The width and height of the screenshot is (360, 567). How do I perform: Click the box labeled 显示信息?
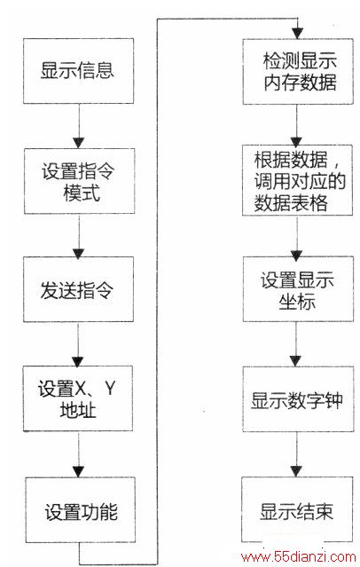coord(78,71)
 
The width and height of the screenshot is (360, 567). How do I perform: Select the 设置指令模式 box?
coord(79,181)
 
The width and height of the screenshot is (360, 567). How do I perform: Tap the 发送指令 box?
coord(78,289)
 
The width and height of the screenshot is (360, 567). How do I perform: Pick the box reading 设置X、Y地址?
coord(78,398)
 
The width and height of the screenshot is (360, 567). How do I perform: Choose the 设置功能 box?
coord(80,509)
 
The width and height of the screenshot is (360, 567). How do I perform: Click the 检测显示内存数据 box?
coord(298,72)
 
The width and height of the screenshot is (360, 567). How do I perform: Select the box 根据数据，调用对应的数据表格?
coord(297,180)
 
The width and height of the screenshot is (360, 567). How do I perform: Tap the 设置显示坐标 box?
coord(298,289)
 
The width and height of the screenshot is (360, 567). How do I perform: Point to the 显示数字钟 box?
coord(298,399)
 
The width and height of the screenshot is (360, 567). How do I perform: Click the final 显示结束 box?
coord(297,509)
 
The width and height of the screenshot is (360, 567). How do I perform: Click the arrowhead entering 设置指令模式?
coord(79,143)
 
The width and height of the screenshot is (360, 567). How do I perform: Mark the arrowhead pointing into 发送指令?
coord(78,253)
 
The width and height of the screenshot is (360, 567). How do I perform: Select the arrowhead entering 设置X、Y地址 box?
coord(78,362)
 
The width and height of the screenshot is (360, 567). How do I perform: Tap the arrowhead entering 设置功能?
coord(79,472)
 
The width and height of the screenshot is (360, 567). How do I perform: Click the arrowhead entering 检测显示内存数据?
coord(297,33)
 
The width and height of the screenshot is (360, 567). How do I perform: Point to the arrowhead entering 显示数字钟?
coord(295,361)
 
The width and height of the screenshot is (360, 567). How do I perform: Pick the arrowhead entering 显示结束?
coord(296,471)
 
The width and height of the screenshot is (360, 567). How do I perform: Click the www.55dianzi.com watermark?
coord(299,557)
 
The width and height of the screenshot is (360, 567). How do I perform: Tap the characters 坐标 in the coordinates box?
coord(297,302)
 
